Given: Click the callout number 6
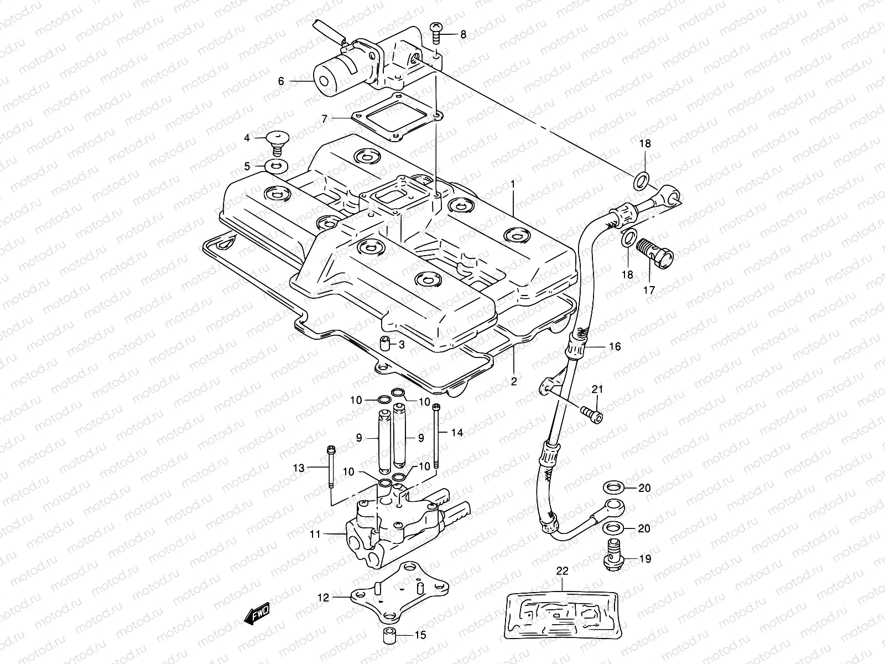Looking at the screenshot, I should pos(281,81).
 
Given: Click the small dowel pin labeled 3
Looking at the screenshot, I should pos(384,345).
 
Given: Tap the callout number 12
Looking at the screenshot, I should pos(324,598).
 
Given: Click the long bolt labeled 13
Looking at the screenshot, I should pos(330,468).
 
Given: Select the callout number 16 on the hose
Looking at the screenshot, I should pos(615,347).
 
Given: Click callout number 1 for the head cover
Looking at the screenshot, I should pos(513,183).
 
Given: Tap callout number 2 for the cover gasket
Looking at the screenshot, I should pos(514,382).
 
